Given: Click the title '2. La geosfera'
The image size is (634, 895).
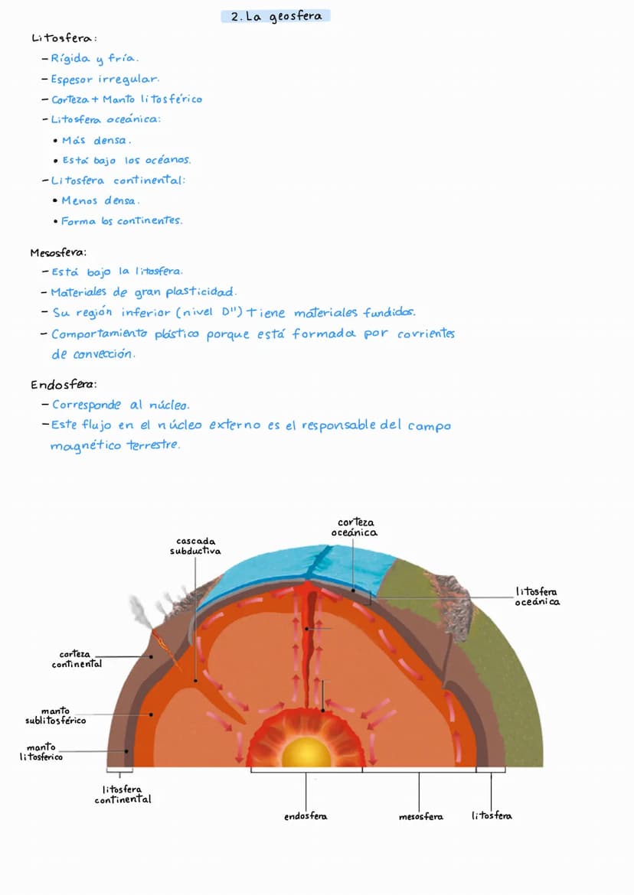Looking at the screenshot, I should pyautogui.click(x=276, y=16).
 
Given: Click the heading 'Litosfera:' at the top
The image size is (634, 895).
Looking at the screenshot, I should pyautogui.click(x=64, y=38).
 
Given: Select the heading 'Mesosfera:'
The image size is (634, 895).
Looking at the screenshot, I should pyautogui.click(x=58, y=252).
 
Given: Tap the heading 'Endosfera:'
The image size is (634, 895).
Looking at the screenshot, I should pyautogui.click(x=64, y=385).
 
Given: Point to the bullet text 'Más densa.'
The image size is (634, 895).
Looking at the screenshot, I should pyautogui.click(x=96, y=141).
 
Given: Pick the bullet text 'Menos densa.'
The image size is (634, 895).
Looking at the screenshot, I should pyautogui.click(x=100, y=201).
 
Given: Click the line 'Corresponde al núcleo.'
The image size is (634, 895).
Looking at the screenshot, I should pyautogui.click(x=120, y=405).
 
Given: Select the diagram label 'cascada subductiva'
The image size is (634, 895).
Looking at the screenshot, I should pyautogui.click(x=195, y=546).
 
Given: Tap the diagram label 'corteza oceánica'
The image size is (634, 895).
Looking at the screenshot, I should pyautogui.click(x=355, y=528).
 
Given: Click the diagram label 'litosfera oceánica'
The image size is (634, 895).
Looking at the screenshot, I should pyautogui.click(x=537, y=597).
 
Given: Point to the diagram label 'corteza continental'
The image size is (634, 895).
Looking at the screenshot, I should pyautogui.click(x=77, y=659).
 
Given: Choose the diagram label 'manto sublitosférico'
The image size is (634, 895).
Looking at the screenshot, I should pyautogui.click(x=55, y=716).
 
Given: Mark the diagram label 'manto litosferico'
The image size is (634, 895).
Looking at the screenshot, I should pyautogui.click(x=41, y=752).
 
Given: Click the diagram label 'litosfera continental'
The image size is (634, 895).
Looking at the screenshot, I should pyautogui.click(x=123, y=794).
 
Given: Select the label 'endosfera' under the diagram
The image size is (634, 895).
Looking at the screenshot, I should pyautogui.click(x=306, y=816).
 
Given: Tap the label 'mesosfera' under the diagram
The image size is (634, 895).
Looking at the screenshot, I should pyautogui.click(x=420, y=817).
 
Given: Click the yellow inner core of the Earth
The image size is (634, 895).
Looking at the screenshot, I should pyautogui.click(x=306, y=753).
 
